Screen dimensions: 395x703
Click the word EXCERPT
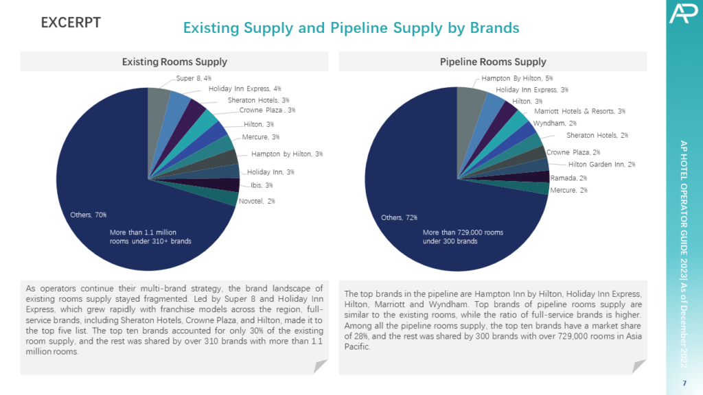tap(71, 23)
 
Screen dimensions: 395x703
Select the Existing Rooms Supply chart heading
tap(174, 62)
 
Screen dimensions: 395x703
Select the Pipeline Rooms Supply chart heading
tap(493, 62)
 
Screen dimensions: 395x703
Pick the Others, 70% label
tap(89, 215)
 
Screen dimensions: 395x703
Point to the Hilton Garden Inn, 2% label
tap(601, 164)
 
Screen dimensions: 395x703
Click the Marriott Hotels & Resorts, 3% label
tap(579, 111)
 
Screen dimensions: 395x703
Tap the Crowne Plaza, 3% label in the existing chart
tap(267, 110)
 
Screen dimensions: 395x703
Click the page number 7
tap(684, 381)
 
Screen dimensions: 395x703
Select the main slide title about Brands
tap(351, 28)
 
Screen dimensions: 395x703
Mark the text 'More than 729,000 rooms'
tap(463, 232)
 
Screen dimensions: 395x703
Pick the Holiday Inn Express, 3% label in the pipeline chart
tap(531, 89)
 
